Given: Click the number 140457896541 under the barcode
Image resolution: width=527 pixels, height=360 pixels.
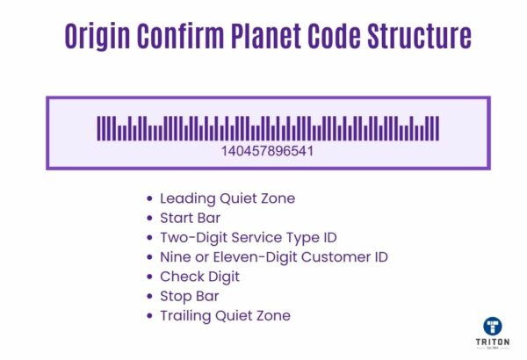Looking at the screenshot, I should [x=268, y=150].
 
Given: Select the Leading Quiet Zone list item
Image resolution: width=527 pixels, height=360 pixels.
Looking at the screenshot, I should [x=227, y=198].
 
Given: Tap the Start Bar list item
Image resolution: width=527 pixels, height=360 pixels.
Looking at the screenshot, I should [x=190, y=218].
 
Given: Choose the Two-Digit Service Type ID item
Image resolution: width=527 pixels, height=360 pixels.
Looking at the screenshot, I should [x=248, y=237].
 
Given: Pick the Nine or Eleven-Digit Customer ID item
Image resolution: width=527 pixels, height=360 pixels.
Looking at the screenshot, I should [x=273, y=256].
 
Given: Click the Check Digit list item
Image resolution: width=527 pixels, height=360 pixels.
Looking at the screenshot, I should [x=199, y=276].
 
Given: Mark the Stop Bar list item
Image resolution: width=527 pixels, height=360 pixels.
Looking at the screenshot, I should [x=189, y=296].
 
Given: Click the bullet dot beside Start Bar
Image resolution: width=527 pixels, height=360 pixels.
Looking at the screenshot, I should [x=151, y=219].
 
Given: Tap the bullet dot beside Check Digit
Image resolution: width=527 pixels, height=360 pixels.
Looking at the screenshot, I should [x=151, y=277].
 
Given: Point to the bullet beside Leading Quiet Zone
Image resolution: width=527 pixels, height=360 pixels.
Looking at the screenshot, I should [x=151, y=199].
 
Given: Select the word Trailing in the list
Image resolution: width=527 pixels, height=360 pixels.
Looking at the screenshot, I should [x=186, y=315].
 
